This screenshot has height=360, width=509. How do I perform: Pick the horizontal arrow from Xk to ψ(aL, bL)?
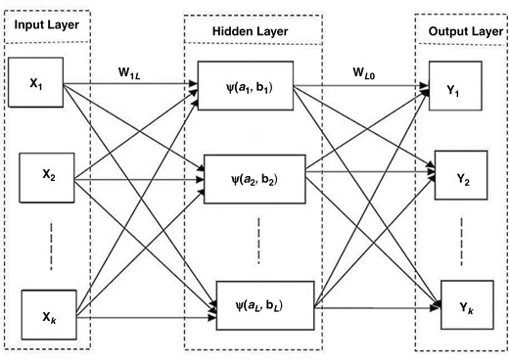[x=147, y=313]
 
